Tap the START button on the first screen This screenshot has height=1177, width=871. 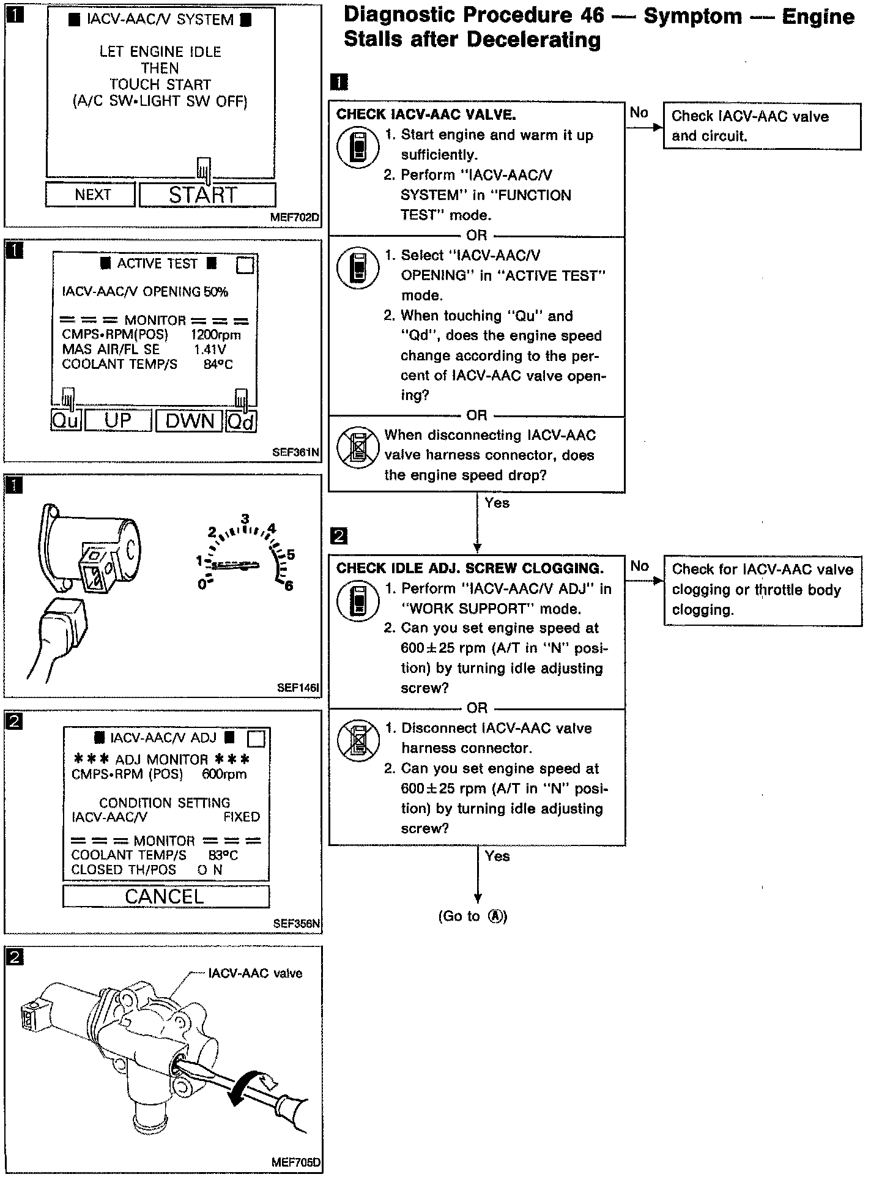tap(207, 195)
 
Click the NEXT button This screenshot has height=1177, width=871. tap(90, 195)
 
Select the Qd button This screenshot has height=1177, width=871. tap(241, 421)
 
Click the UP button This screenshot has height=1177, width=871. tap(117, 421)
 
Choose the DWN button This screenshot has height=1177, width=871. tap(189, 421)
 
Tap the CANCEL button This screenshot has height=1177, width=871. tap(165, 897)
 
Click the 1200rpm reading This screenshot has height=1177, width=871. tap(215, 335)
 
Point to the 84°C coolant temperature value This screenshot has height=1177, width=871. tap(218, 365)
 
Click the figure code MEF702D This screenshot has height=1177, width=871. tap(295, 217)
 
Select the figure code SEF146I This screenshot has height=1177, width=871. tap(298, 688)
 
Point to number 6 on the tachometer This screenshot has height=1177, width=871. tap(289, 585)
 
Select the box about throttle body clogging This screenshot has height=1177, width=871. tap(762, 590)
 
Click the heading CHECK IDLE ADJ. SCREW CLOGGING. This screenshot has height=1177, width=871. tap(470, 568)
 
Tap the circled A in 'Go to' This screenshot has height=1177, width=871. tap(497, 916)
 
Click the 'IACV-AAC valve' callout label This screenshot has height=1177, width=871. tap(255, 973)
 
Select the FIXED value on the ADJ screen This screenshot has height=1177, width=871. tap(242, 817)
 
